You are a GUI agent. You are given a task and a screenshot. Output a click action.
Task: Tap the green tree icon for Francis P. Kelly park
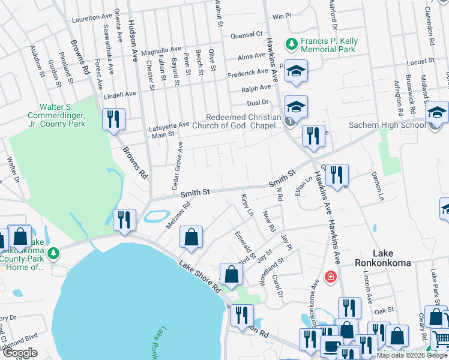pyautogui.click(x=291, y=44)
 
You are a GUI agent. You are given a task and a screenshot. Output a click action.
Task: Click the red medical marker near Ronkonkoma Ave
pyautogui.click(x=330, y=277)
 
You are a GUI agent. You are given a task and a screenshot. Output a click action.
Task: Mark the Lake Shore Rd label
pyautogui.click(x=200, y=276)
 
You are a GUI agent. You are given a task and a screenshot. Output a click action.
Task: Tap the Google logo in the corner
pyautogui.click(x=20, y=353)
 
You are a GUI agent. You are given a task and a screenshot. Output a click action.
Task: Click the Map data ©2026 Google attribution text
pyautogui.click(x=411, y=355)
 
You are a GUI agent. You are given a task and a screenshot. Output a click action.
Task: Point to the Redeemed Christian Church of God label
pyautogui.click(x=243, y=121)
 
